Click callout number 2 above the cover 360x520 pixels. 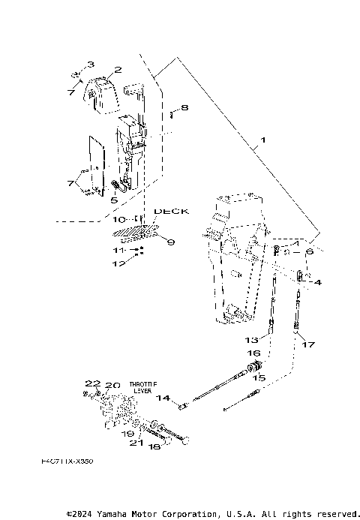click(118, 70)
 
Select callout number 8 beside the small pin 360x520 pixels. click(184, 108)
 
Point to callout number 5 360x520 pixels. click(113, 200)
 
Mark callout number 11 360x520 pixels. click(118, 249)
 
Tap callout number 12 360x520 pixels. click(118, 263)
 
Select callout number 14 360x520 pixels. click(163, 398)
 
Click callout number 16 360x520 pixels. click(253, 353)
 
